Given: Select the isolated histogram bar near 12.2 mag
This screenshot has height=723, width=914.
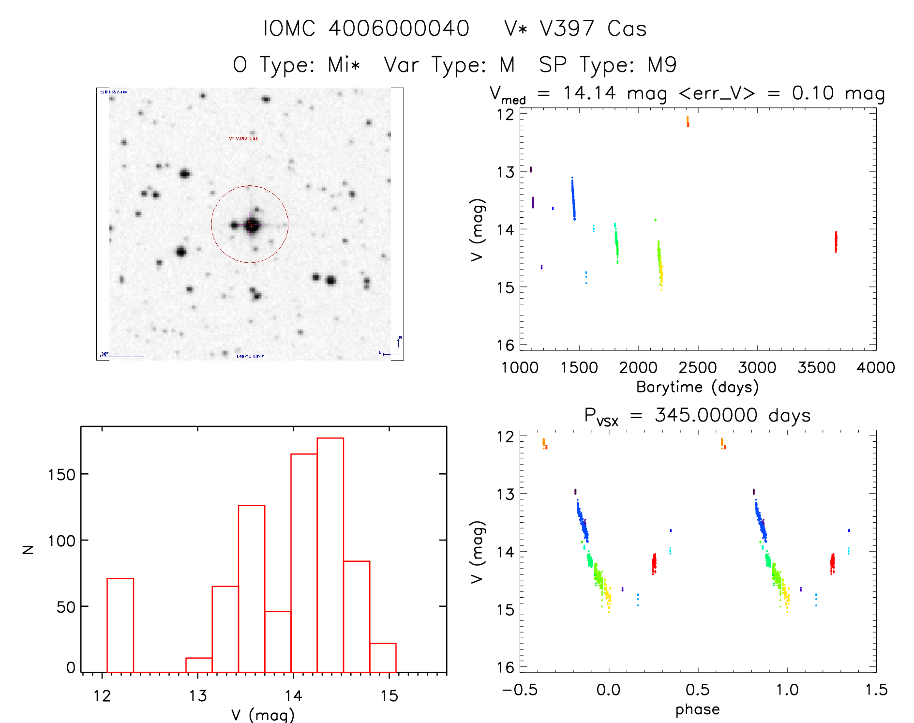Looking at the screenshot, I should pos(120,624).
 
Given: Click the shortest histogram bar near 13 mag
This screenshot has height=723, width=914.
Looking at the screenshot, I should pos(199,665).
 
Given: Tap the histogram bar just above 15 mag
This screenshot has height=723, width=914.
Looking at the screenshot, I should pos(383,657).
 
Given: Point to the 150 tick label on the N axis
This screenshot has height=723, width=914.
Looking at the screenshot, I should pos(61,475).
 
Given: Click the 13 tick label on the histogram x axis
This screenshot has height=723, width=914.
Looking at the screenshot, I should pos(197,696).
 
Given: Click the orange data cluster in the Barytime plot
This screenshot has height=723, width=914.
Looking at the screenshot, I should pos(688,121).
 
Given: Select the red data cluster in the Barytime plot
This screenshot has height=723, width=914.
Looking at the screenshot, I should pos(836,241).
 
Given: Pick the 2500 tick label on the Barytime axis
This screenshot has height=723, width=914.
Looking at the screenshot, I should pos(697,368).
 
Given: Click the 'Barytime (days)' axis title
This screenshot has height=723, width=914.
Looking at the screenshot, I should pos(697,387).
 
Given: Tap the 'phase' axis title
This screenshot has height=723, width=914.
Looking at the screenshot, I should pos(697,709).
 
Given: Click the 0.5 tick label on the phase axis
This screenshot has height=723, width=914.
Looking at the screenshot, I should pos(697,690).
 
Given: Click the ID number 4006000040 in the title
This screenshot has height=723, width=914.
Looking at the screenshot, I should pos(399,29).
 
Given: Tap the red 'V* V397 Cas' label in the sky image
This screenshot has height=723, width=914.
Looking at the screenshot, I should pos(243,138).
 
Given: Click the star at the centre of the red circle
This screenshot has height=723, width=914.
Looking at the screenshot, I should pos(251,225).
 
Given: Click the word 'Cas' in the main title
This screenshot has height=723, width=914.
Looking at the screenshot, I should pos(627,29).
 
